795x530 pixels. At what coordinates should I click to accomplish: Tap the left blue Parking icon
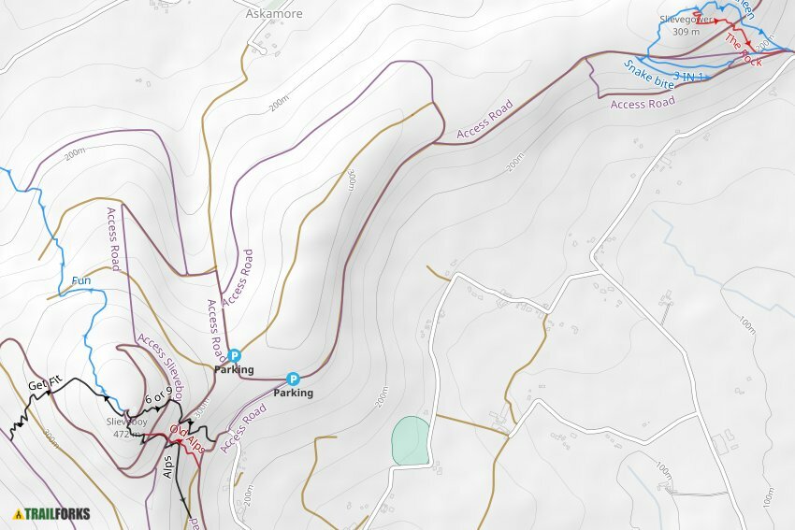tap(235, 355)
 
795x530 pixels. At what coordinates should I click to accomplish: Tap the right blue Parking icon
tap(293, 379)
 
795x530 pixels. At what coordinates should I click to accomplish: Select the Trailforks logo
tap(47, 512)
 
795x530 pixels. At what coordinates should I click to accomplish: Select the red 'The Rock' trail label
tap(744, 48)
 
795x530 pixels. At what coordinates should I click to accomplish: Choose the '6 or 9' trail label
tap(159, 397)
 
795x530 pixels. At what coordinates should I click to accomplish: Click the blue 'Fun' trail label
tap(81, 280)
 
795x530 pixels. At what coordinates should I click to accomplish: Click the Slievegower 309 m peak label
tap(687, 25)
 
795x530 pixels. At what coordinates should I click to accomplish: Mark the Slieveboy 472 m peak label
tap(126, 427)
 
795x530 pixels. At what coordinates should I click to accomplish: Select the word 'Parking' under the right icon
tap(293, 394)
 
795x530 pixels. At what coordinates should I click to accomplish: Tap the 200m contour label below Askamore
tap(278, 102)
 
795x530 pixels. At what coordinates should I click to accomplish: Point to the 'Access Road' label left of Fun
tap(113, 238)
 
